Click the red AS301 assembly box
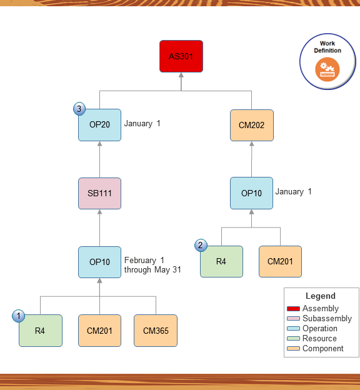181,56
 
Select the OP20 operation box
100,124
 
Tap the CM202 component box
251,125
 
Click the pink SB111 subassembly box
100,193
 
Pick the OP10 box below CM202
251,193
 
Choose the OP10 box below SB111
100,262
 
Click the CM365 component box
156,330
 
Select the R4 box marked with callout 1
41,330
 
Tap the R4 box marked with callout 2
221,261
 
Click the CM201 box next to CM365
100,330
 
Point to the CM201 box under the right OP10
280,261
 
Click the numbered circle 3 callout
79,109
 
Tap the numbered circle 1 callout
19,316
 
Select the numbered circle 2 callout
200,246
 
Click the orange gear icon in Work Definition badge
327,68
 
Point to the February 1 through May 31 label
152,265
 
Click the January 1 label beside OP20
142,124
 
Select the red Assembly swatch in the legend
293,309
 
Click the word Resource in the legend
319,339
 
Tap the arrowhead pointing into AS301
181,76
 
